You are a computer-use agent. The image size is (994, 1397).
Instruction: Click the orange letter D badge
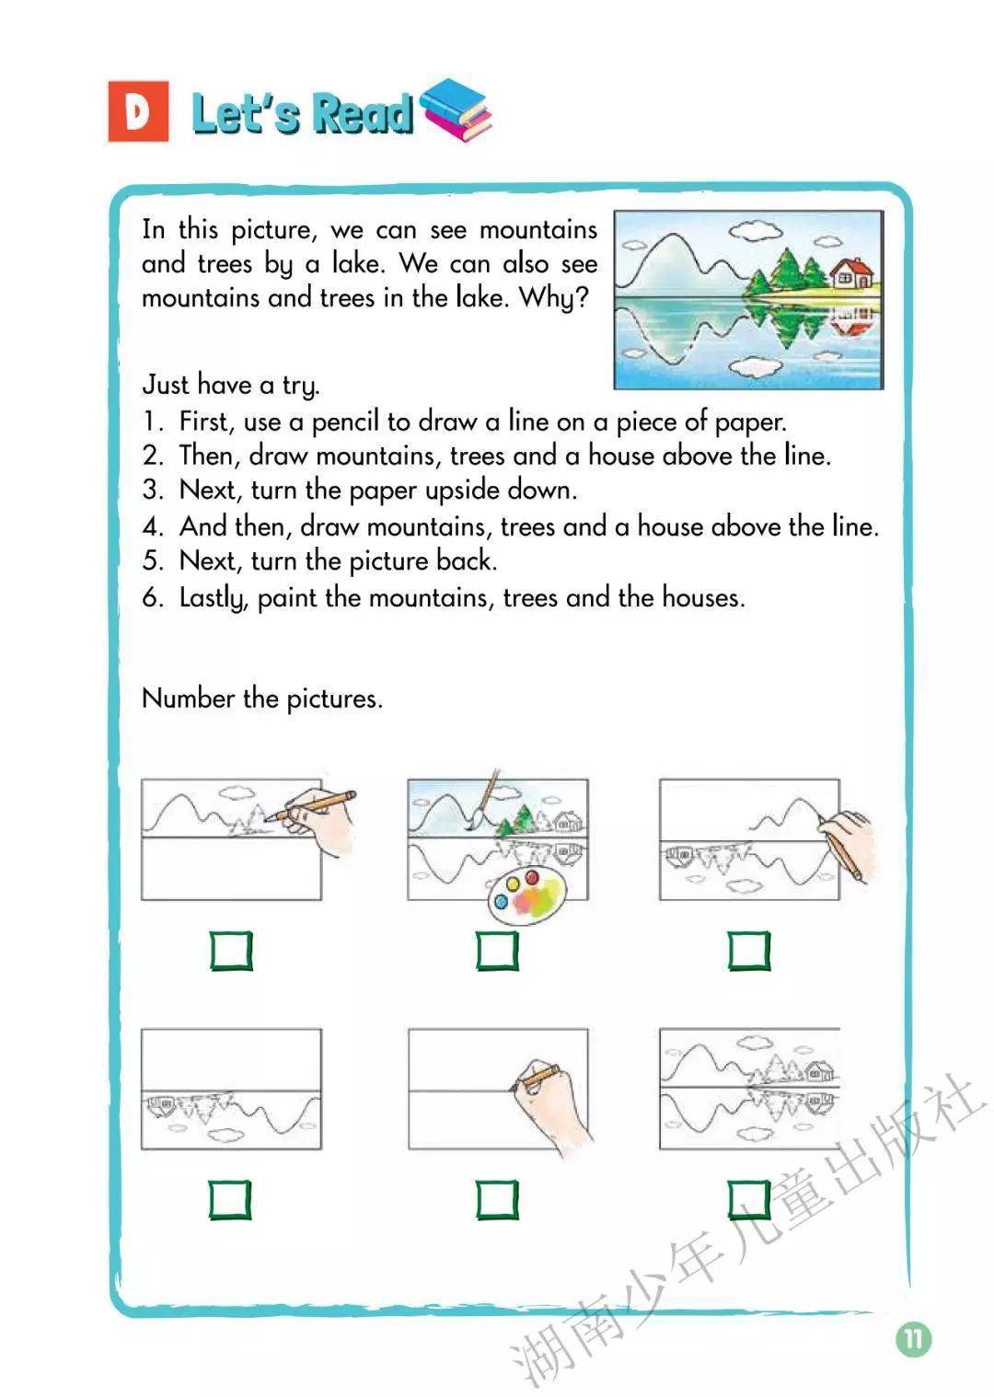pos(138,111)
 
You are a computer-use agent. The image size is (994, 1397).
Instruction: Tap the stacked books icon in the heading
pos(456,110)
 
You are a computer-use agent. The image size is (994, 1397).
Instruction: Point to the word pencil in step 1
pos(345,421)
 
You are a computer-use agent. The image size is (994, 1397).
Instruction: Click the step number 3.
pos(152,490)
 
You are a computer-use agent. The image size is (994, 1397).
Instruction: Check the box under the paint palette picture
pos(498,951)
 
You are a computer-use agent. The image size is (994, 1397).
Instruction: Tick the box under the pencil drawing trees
pos(231,951)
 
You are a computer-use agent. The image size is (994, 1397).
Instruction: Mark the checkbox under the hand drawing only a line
pos(498,1199)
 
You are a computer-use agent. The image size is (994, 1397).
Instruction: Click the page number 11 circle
pos(913,1337)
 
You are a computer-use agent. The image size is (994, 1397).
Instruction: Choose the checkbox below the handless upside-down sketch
pos(230,1199)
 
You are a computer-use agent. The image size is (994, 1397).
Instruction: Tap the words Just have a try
pos(231,384)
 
